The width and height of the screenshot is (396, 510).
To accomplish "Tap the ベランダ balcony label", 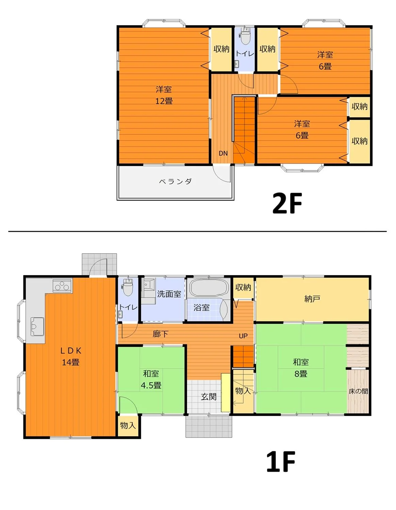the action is point(175,181).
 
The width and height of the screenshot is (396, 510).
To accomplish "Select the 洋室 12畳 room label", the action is point(164,95).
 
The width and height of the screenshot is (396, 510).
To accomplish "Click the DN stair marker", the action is point(223,153).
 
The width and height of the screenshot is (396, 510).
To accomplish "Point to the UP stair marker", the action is point(243,336).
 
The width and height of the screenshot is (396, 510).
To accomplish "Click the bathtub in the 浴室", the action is point(209,287).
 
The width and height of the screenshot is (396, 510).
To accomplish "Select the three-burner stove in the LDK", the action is point(62,286).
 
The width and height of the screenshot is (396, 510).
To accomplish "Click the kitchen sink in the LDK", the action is point(37,326).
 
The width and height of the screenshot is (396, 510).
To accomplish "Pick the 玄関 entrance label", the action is point(209,397).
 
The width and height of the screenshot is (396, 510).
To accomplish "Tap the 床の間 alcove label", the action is point(358,391).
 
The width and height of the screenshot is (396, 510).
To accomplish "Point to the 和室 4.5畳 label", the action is point(151,379).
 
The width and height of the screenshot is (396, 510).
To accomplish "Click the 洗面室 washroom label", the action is point(169,294).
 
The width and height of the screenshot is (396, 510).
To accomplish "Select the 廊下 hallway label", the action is point(160,334).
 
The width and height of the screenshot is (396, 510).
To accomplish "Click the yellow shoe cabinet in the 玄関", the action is point(226,392).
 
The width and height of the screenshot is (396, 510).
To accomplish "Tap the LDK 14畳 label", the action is point(71,356).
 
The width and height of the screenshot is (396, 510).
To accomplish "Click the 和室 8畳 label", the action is point(301,368).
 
